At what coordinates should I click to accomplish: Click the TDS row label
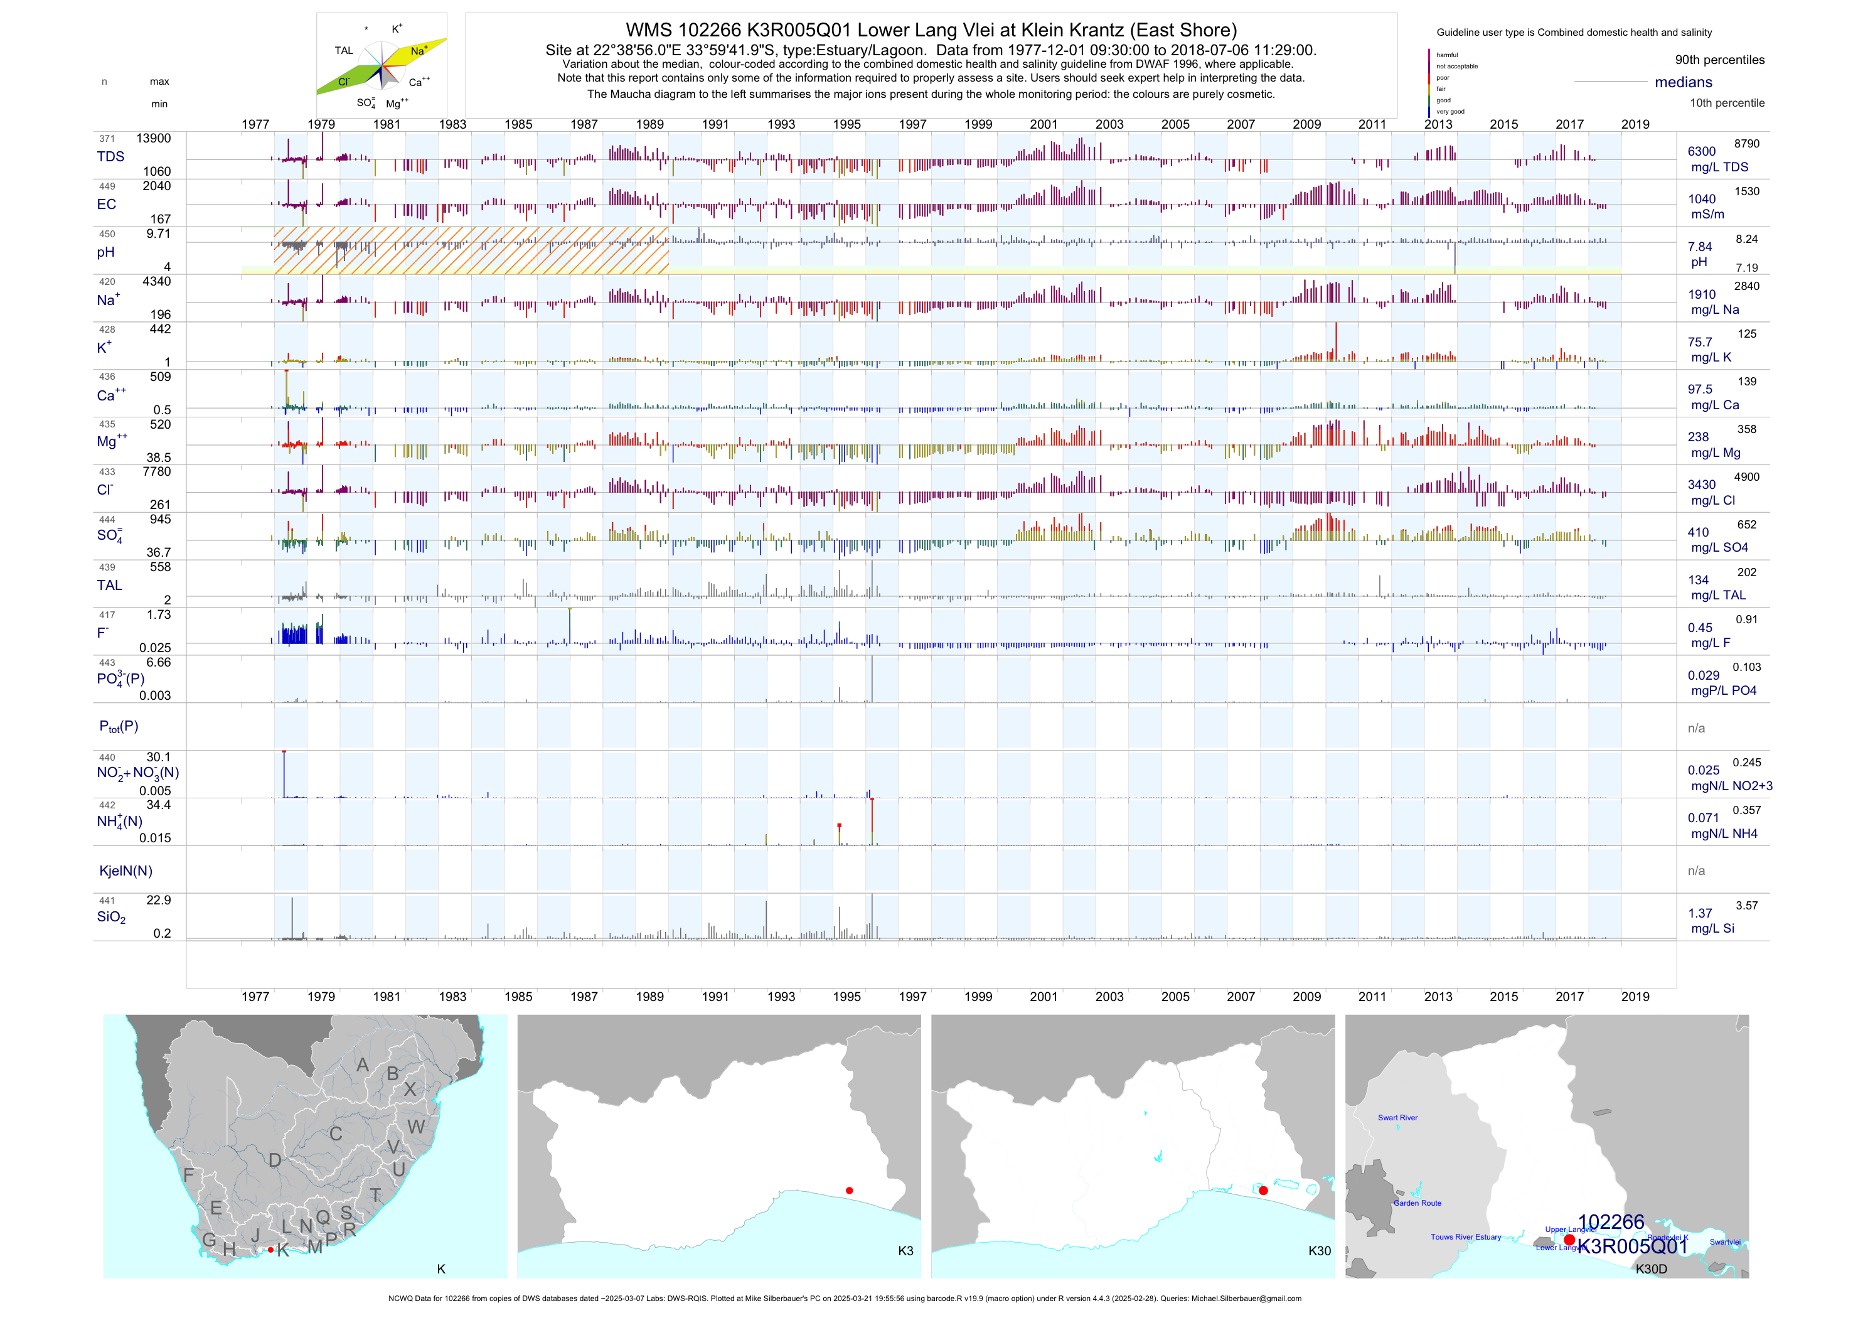[110, 157]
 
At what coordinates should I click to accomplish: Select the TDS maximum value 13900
[153, 139]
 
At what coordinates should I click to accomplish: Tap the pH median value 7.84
[1700, 247]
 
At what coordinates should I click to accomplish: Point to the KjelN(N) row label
[125, 871]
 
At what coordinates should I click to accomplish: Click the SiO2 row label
[111, 917]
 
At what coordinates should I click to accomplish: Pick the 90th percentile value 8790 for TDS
[1746, 144]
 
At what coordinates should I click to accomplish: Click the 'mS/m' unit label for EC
[1707, 214]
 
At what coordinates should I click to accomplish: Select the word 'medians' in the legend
[1683, 82]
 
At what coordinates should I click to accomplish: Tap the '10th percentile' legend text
[1727, 103]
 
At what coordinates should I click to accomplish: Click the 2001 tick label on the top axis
[1044, 124]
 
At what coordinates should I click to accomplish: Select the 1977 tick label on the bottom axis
[255, 997]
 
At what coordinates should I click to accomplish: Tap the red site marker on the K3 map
[849, 1191]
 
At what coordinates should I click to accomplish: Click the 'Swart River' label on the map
[1397, 1118]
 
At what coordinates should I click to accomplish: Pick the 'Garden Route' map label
[1417, 1203]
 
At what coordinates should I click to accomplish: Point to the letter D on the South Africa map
[275, 1160]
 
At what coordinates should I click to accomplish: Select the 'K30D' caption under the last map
[1650, 1268]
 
